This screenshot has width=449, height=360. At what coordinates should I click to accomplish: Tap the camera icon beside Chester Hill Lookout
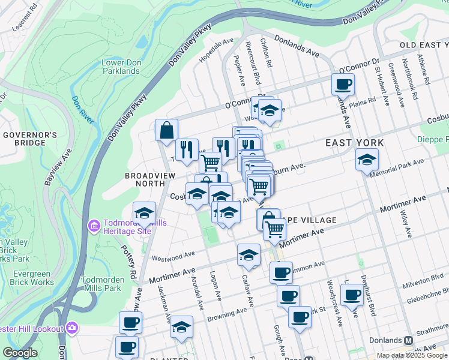[73, 328]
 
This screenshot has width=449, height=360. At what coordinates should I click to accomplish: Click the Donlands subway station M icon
[409, 340]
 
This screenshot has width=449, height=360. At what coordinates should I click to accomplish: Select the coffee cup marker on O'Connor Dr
[343, 84]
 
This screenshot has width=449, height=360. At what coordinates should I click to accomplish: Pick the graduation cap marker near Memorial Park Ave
[367, 160]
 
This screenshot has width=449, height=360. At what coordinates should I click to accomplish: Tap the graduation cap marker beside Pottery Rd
[144, 213]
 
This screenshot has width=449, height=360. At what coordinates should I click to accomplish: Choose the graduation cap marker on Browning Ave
[181, 327]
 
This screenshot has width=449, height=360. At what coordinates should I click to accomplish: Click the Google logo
[20, 353]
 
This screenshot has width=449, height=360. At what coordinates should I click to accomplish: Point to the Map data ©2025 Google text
[411, 355]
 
